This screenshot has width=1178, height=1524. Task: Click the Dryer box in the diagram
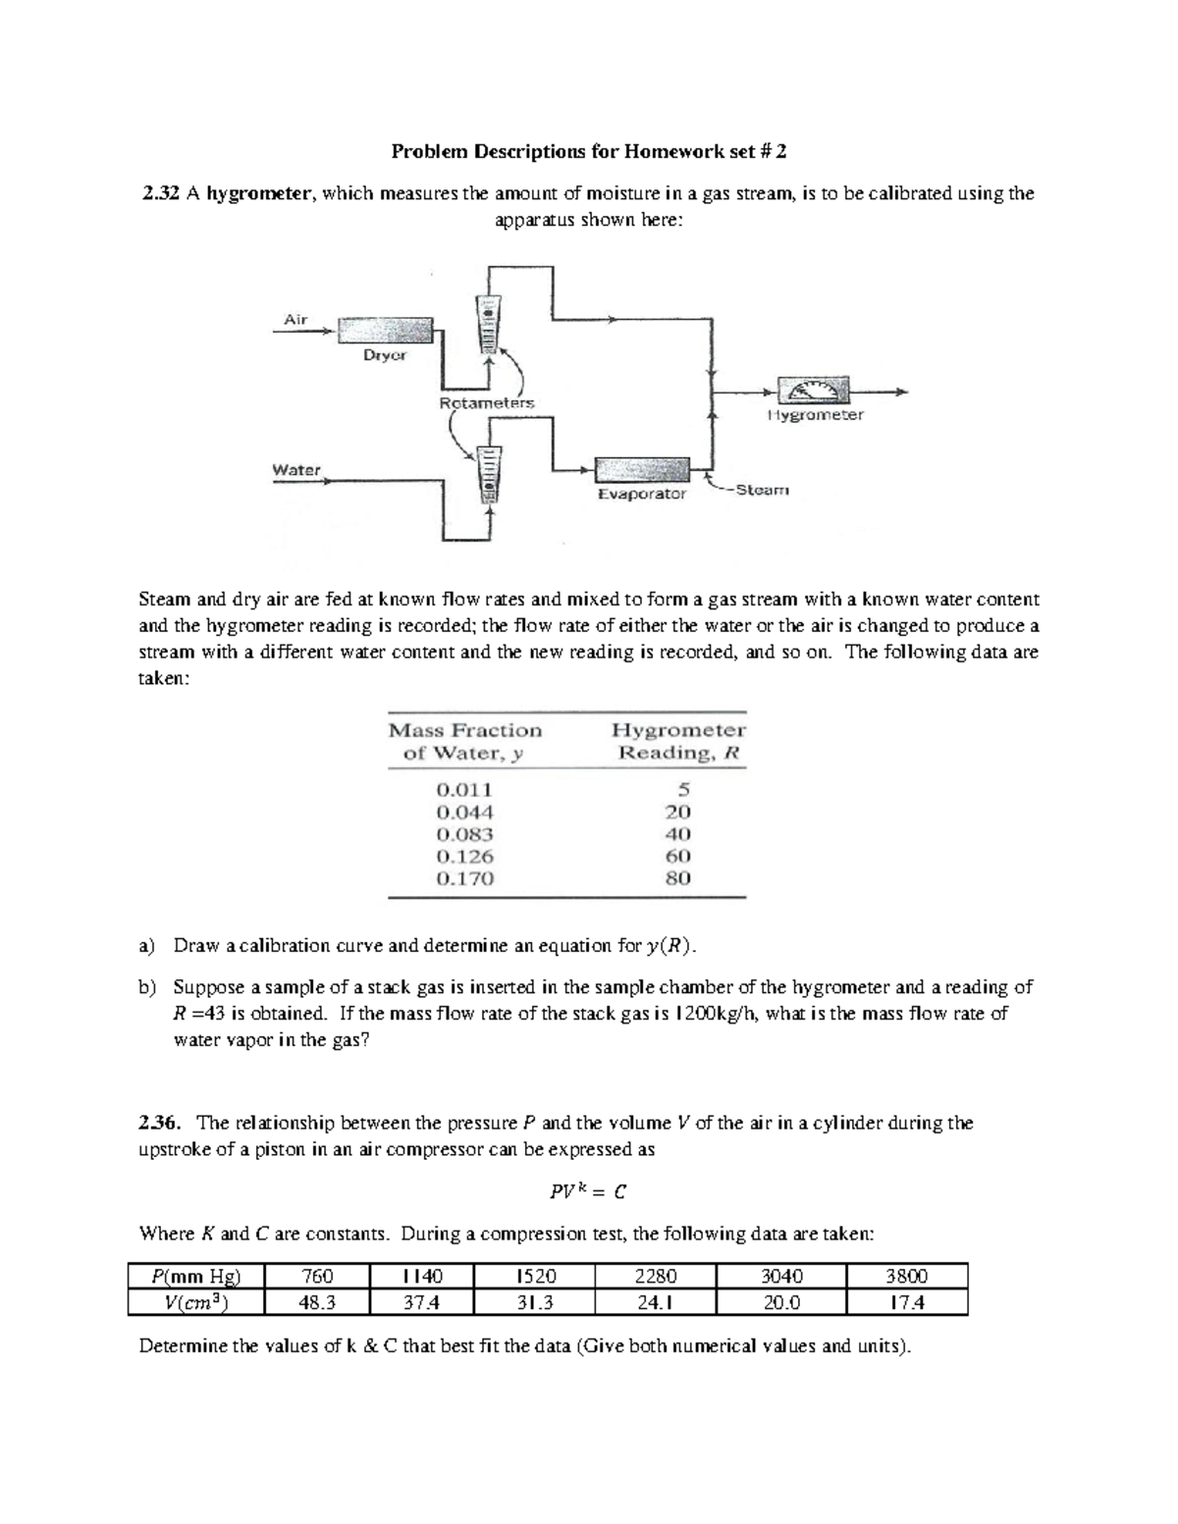coord(385,331)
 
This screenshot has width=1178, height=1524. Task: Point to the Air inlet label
coord(295,319)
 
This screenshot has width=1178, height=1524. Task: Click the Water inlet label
coord(296,470)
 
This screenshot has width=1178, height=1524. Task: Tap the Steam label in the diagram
coord(762,489)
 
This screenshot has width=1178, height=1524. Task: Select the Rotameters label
coord(487,402)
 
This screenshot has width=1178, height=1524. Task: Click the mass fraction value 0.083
coord(464,834)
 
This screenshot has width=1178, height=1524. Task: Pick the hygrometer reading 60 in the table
coord(678,856)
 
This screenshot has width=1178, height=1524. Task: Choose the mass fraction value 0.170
coord(464,878)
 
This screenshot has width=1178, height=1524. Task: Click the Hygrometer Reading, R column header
coord(678,742)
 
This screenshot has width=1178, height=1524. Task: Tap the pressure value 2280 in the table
coord(655,1277)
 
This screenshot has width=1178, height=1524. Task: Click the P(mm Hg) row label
coord(195,1277)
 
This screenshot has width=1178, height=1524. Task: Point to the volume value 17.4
coord(905,1302)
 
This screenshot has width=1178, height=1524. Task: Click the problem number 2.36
coord(162,1123)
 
